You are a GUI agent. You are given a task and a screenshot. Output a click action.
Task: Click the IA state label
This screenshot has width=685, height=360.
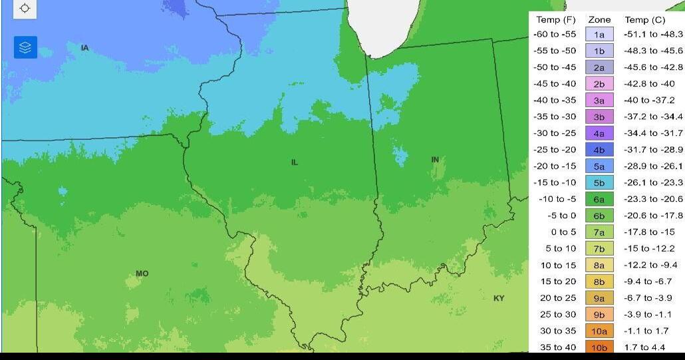[x=84, y=48]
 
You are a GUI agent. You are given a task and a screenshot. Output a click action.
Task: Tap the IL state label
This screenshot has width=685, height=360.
[x=294, y=162]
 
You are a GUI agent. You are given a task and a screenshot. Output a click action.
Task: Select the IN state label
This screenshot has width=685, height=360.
[x=435, y=160]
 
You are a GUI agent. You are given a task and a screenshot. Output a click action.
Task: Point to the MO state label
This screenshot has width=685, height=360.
[x=142, y=273]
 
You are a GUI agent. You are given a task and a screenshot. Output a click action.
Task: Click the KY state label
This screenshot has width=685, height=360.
[x=498, y=298]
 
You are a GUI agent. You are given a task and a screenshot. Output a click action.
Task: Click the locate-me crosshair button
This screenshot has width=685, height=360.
[x=25, y=8]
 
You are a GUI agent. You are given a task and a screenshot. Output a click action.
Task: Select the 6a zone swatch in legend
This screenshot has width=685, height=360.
[x=599, y=199]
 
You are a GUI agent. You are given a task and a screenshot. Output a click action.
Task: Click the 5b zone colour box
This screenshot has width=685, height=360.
[x=599, y=182]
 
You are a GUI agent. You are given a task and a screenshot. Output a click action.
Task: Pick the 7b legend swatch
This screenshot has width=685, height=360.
[x=599, y=248]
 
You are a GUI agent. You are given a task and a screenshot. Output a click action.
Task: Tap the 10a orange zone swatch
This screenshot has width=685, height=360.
[x=599, y=331]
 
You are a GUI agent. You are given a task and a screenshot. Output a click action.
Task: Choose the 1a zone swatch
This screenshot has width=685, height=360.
[x=599, y=35]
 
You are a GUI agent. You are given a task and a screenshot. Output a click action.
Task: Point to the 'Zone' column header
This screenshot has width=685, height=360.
[x=599, y=20]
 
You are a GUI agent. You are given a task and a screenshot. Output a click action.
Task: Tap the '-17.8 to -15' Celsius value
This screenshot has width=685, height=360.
[x=649, y=232]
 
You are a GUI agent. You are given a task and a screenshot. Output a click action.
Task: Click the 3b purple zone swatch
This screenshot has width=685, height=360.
[x=599, y=116]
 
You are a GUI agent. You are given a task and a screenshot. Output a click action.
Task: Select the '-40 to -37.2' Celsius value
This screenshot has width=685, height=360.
[x=649, y=100]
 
